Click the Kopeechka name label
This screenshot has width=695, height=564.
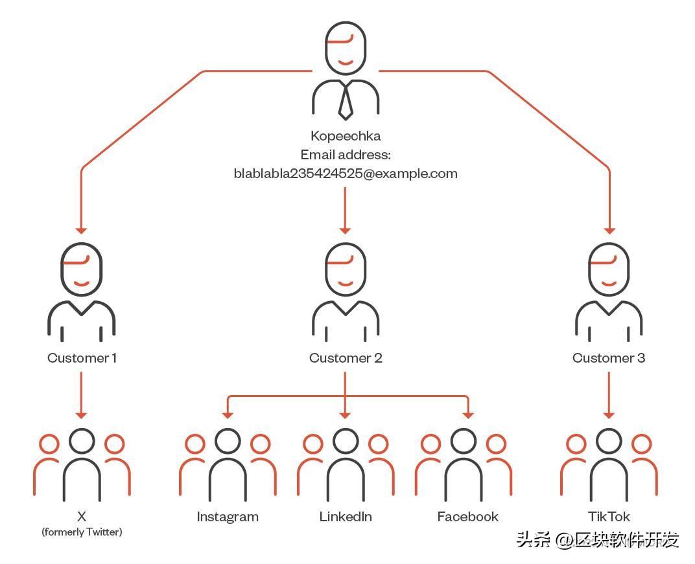click(346, 136)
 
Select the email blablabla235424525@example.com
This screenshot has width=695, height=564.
click(346, 174)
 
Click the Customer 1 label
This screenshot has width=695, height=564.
click(82, 358)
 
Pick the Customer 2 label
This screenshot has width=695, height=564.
click(346, 358)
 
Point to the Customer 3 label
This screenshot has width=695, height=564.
click(609, 358)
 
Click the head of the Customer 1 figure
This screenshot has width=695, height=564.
click(82, 269)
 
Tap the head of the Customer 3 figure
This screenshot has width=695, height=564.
click(609, 269)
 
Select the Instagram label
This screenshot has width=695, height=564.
click(228, 517)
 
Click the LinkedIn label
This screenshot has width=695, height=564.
click(346, 517)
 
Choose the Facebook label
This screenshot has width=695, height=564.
click(467, 517)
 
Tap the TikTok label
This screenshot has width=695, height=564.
click(609, 517)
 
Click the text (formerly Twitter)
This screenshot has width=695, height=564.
click(82, 532)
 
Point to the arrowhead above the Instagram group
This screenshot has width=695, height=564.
click(228, 414)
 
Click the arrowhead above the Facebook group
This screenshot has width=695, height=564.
click(467, 414)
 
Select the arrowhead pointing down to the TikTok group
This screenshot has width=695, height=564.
click(609, 414)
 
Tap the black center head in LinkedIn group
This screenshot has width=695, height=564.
click(346, 441)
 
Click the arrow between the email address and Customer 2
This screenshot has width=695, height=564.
click(346, 210)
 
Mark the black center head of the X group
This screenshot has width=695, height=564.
click(82, 441)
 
